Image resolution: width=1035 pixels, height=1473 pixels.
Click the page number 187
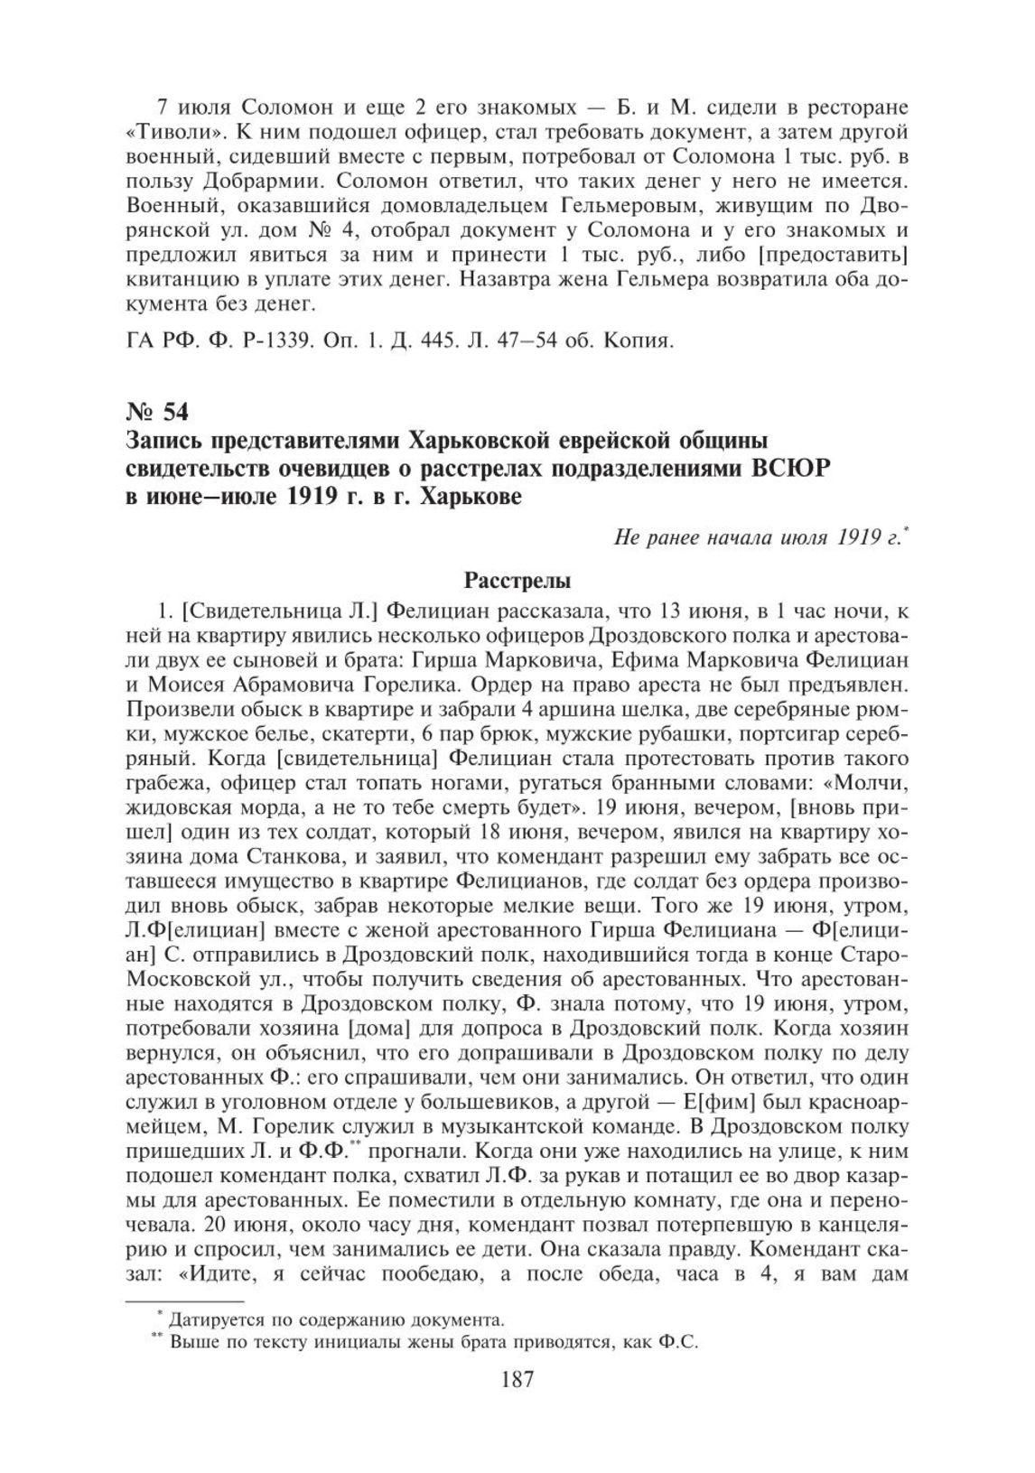coord(517,1379)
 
